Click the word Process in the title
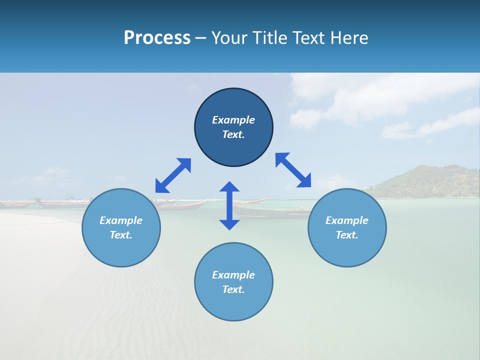[x=157, y=38]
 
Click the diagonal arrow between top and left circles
[x=173, y=175]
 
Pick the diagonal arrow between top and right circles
[x=293, y=170]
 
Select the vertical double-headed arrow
[x=229, y=205]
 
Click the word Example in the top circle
[x=233, y=120]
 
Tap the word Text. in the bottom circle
[x=233, y=289]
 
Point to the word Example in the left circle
[x=121, y=220]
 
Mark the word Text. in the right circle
[x=347, y=235]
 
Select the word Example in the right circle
[x=347, y=220]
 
